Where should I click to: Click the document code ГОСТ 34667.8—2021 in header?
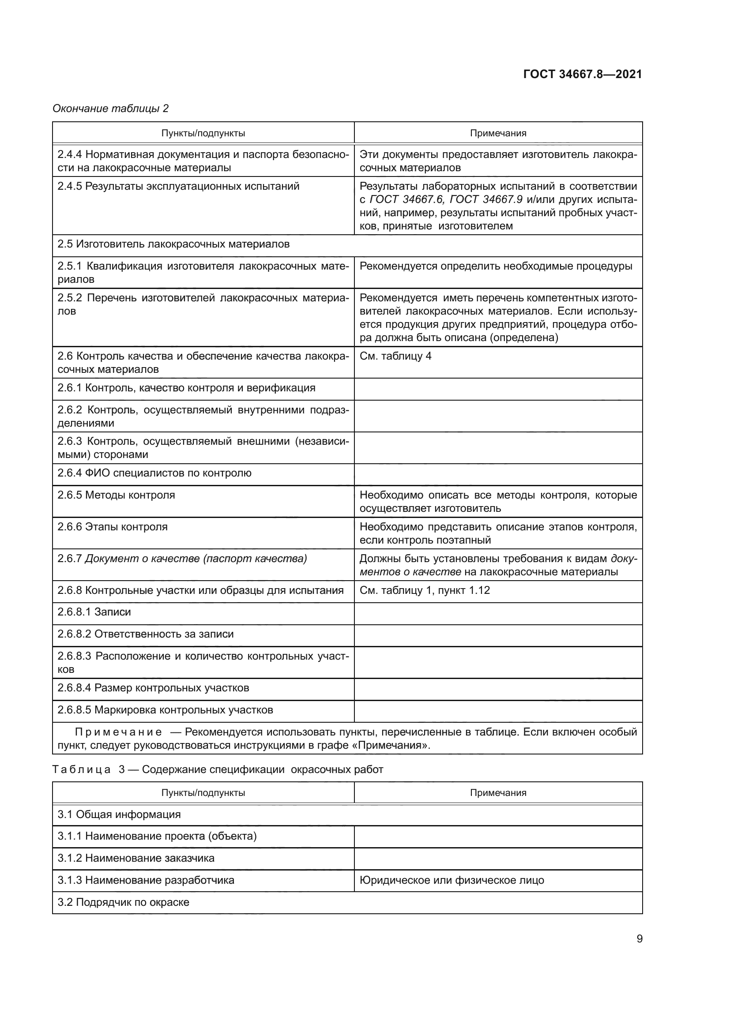click(x=582, y=74)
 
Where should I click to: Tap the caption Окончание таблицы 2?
click(x=111, y=109)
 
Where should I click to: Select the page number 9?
click(x=639, y=938)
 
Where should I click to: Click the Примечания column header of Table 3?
click(x=497, y=792)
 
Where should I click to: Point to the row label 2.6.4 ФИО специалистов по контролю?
click(x=154, y=473)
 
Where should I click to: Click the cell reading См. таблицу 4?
click(x=395, y=356)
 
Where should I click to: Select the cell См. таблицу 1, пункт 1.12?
click(x=424, y=590)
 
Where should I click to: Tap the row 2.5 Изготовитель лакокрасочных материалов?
click(x=173, y=244)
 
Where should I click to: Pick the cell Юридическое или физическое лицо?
click(x=452, y=880)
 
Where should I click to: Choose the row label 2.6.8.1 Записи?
click(x=94, y=612)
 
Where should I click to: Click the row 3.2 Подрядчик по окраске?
click(x=123, y=902)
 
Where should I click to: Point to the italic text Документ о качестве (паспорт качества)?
click(x=196, y=558)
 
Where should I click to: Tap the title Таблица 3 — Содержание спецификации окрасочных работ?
click(x=218, y=769)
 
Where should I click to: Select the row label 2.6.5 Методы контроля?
click(x=116, y=495)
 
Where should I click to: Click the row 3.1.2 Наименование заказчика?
click(x=136, y=858)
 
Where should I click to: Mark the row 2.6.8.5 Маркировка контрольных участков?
click(x=165, y=710)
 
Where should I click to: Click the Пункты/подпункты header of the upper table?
click(x=203, y=133)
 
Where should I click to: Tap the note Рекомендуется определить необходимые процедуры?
click(x=496, y=266)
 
